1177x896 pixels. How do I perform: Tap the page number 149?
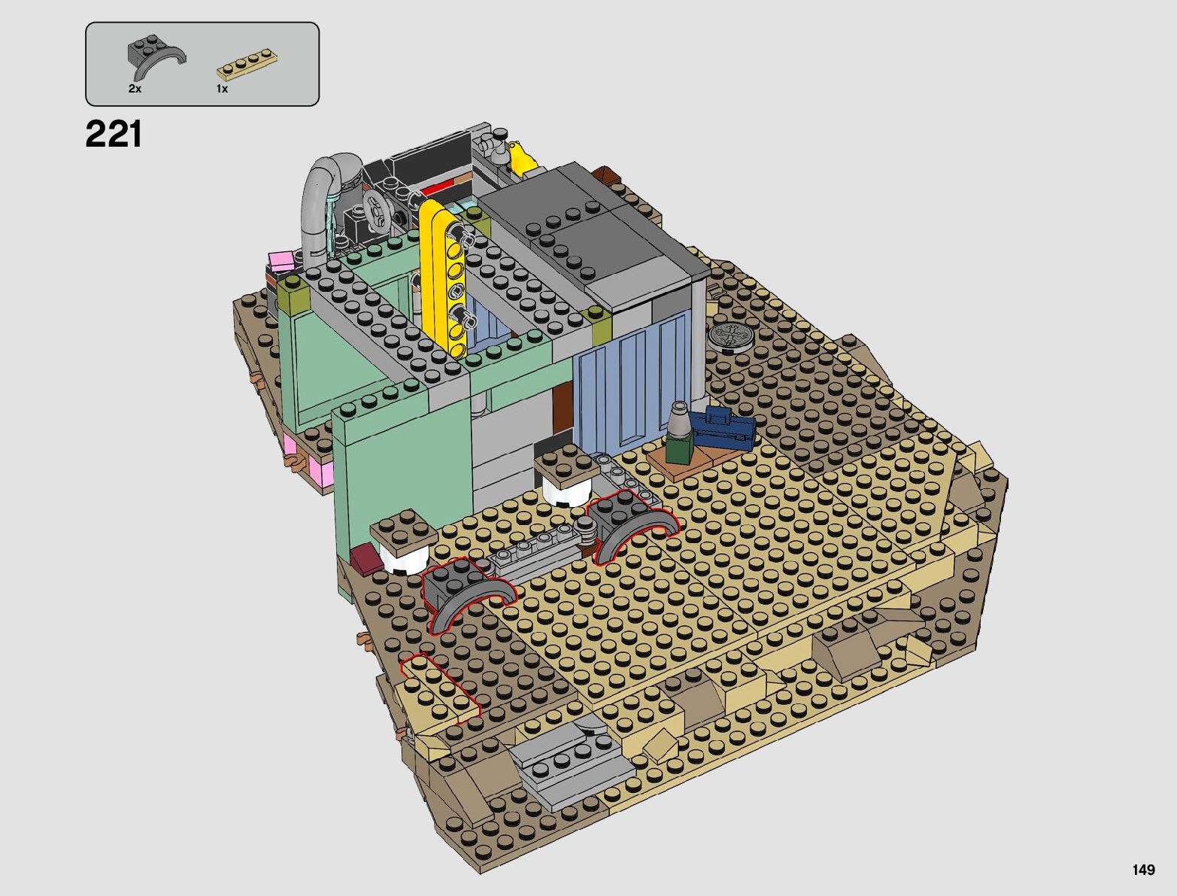(1143, 870)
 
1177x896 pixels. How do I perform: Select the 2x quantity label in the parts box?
(135, 89)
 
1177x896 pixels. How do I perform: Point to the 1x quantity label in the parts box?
(222, 89)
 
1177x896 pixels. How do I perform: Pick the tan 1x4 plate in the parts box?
(247, 65)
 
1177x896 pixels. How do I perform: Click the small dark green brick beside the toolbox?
(679, 449)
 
